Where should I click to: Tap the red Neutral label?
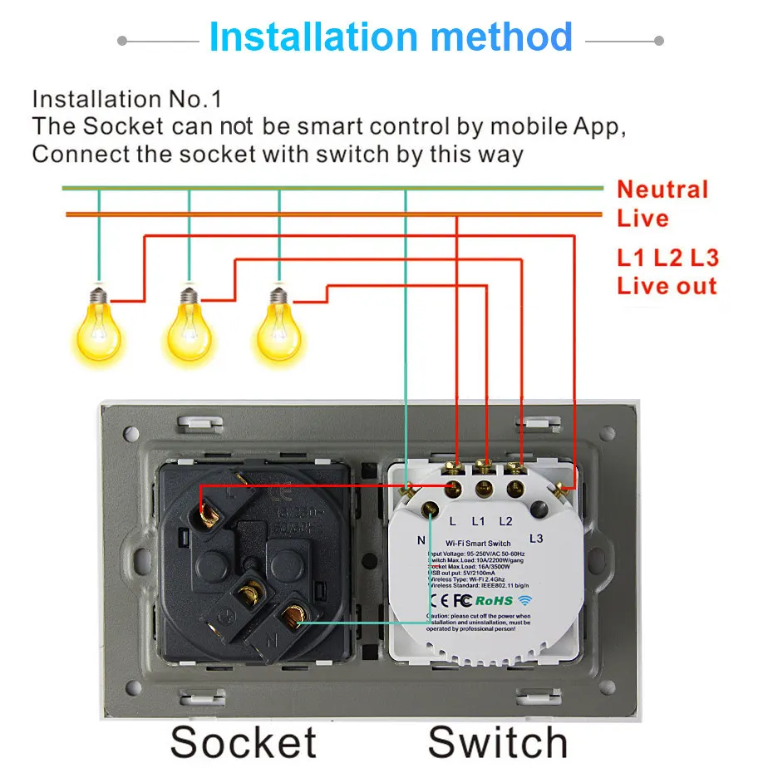[x=662, y=190]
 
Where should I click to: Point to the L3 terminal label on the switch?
[x=536, y=539]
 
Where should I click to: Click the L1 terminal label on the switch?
[x=478, y=521]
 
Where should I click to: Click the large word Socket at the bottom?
[x=244, y=741]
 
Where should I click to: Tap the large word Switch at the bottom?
[x=497, y=741]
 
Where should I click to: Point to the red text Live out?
[x=666, y=286]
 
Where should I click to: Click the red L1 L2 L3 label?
[x=667, y=257]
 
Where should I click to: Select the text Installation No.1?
[x=126, y=100]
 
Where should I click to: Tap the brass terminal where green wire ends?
[x=293, y=618]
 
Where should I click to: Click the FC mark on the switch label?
[x=463, y=599]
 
